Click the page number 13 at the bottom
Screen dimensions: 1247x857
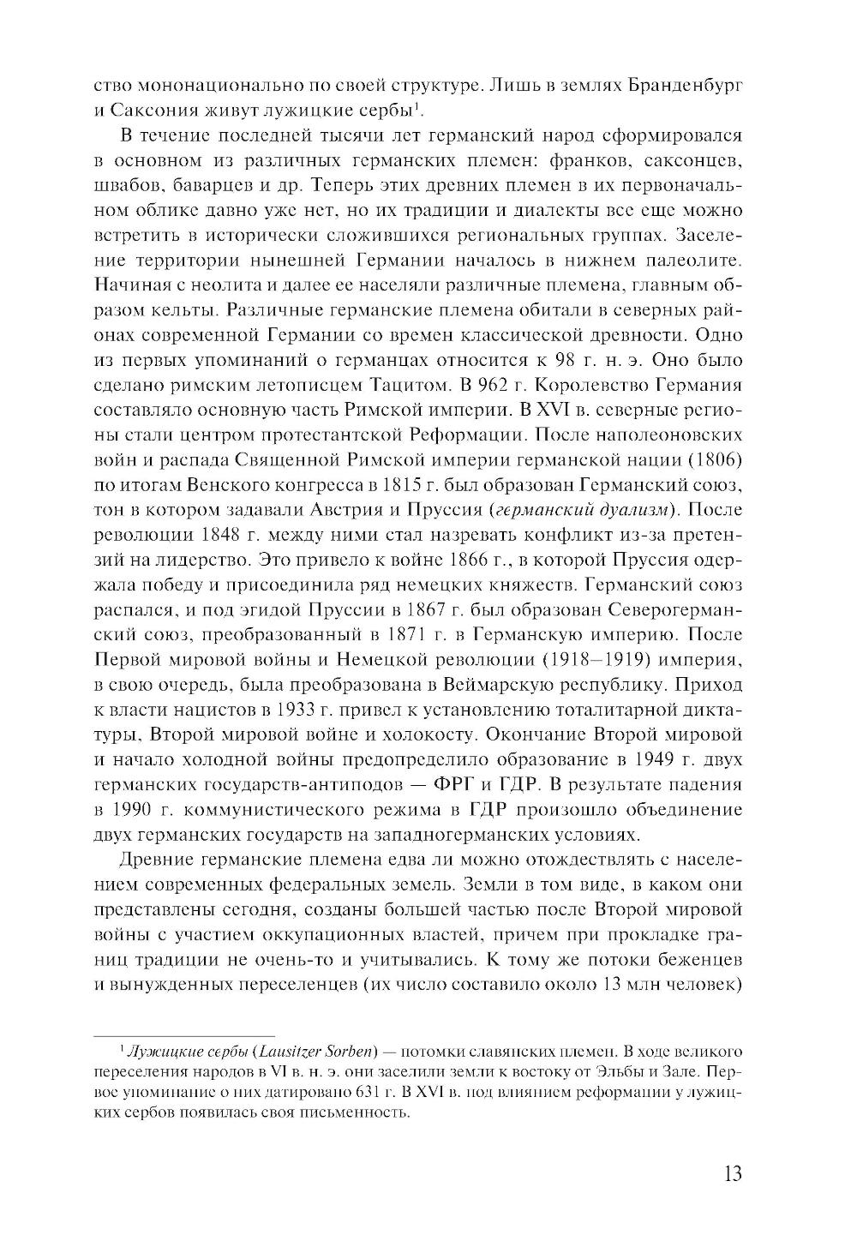[731, 1173]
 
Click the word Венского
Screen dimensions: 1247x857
[221, 483]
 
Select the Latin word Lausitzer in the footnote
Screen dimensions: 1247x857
[283, 1050]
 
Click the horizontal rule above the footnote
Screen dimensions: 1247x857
[183, 1034]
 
